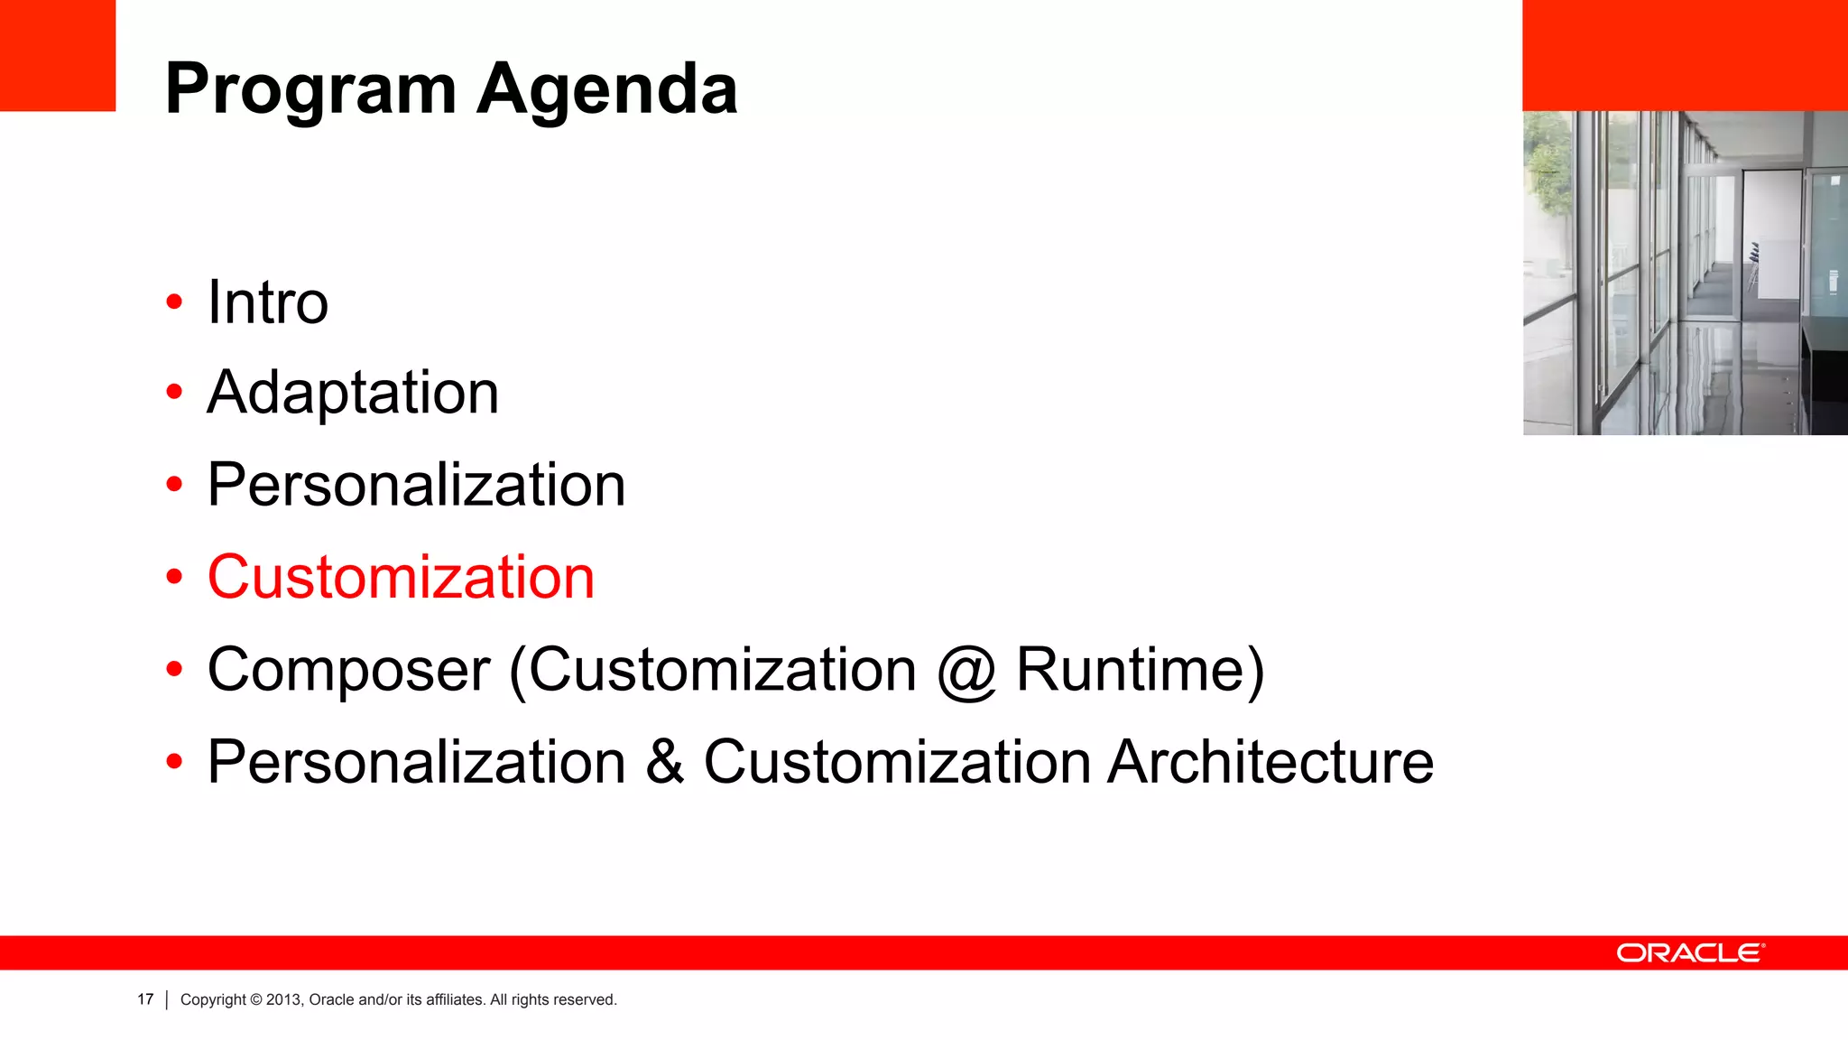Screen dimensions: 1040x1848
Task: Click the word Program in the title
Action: (x=310, y=90)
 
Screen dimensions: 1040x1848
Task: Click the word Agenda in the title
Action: (x=607, y=90)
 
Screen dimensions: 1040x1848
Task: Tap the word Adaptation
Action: (x=353, y=393)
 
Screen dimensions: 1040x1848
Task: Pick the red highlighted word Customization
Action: (x=401, y=577)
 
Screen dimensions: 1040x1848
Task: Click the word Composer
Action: (x=348, y=670)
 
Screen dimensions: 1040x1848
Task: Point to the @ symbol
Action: (x=966, y=673)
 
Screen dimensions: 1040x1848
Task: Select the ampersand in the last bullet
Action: (x=665, y=762)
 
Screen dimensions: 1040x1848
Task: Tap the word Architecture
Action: (x=1270, y=762)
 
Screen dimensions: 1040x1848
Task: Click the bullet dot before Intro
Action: (x=174, y=302)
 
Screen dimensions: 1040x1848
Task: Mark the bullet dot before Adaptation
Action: (x=174, y=393)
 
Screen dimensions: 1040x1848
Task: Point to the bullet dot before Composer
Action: (x=174, y=670)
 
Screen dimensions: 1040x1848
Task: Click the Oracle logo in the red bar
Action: (x=1690, y=953)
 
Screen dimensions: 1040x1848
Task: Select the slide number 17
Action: (x=145, y=999)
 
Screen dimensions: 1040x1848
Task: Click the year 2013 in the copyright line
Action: (x=283, y=999)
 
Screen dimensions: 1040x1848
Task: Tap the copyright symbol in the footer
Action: (x=256, y=999)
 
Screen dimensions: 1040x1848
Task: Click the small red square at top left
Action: (x=58, y=55)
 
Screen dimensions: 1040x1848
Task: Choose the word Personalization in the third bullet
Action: (x=416, y=485)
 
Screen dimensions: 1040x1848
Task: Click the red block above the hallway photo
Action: (x=1685, y=55)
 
